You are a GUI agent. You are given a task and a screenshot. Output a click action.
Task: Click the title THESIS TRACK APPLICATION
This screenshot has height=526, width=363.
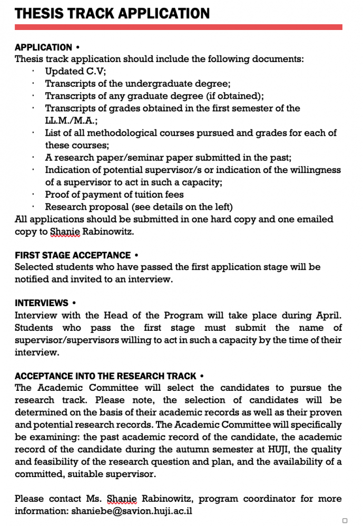tap(112, 13)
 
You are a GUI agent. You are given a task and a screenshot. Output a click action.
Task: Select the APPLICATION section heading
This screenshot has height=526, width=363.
tap(44, 47)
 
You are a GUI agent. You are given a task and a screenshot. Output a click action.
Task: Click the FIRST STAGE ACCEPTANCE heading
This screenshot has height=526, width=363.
tap(73, 255)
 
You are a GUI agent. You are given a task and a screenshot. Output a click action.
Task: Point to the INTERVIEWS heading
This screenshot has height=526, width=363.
tap(42, 303)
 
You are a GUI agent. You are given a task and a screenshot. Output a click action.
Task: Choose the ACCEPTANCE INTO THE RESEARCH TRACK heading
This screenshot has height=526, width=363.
tap(105, 376)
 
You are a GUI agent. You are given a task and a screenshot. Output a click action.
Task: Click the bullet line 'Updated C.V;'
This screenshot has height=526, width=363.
tap(75, 71)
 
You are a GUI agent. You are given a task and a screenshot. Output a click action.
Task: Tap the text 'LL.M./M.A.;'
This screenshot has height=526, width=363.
tap(68, 120)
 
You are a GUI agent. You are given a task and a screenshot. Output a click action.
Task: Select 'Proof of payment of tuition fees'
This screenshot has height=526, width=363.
tap(114, 195)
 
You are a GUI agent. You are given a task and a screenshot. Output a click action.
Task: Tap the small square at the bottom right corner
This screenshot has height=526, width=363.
tap(345, 520)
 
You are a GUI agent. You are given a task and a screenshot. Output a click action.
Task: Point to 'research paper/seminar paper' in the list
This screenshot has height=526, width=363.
tap(123, 157)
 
